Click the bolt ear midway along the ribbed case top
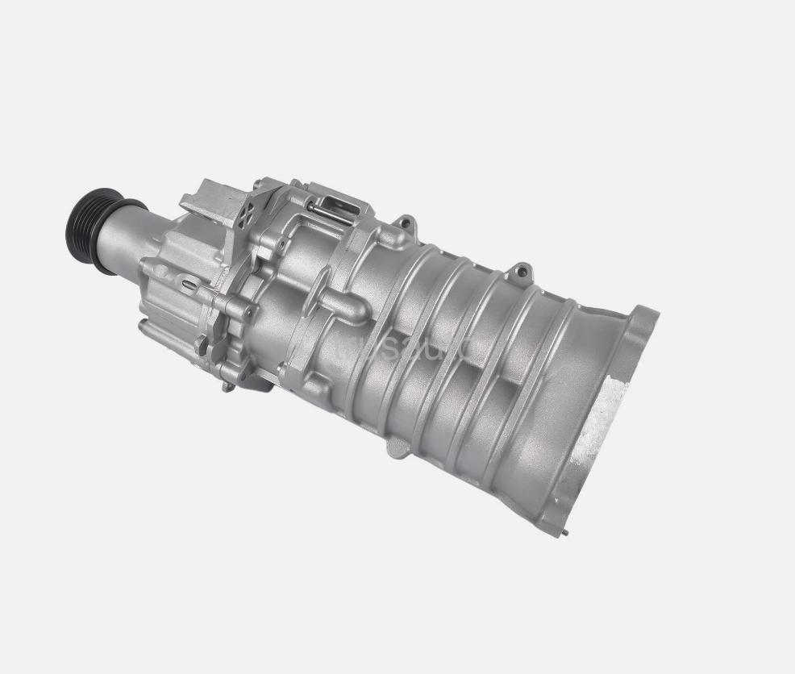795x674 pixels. tap(522, 268)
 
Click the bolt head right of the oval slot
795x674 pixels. tap(249, 310)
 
